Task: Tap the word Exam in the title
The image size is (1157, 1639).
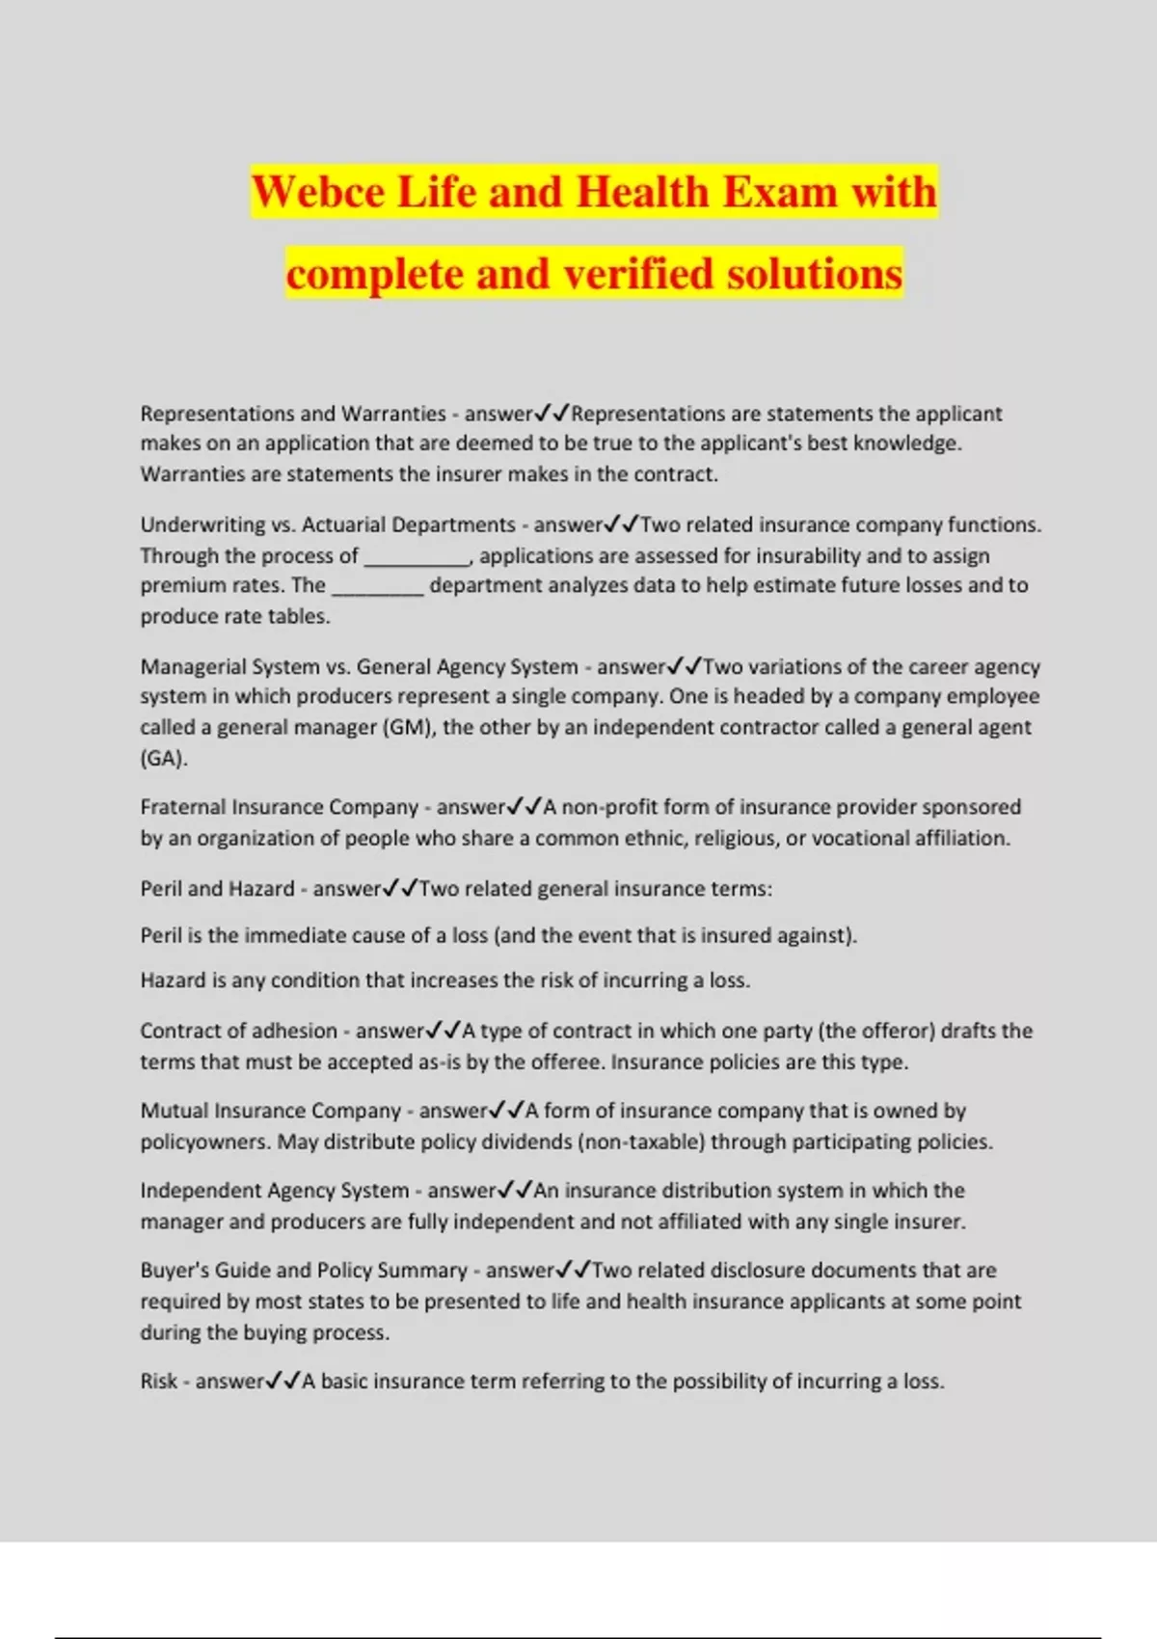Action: (x=779, y=192)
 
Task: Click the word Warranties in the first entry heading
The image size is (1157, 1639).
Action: (x=394, y=414)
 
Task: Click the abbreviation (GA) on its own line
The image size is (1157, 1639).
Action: (x=163, y=758)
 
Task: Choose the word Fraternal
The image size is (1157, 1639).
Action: (x=182, y=807)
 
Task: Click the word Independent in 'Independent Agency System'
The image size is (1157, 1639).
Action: (x=198, y=1191)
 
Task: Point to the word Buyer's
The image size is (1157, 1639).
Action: (x=175, y=1270)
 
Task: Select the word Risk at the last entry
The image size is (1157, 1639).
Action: (x=158, y=1382)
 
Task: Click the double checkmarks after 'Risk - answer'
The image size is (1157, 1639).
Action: (x=283, y=1382)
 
